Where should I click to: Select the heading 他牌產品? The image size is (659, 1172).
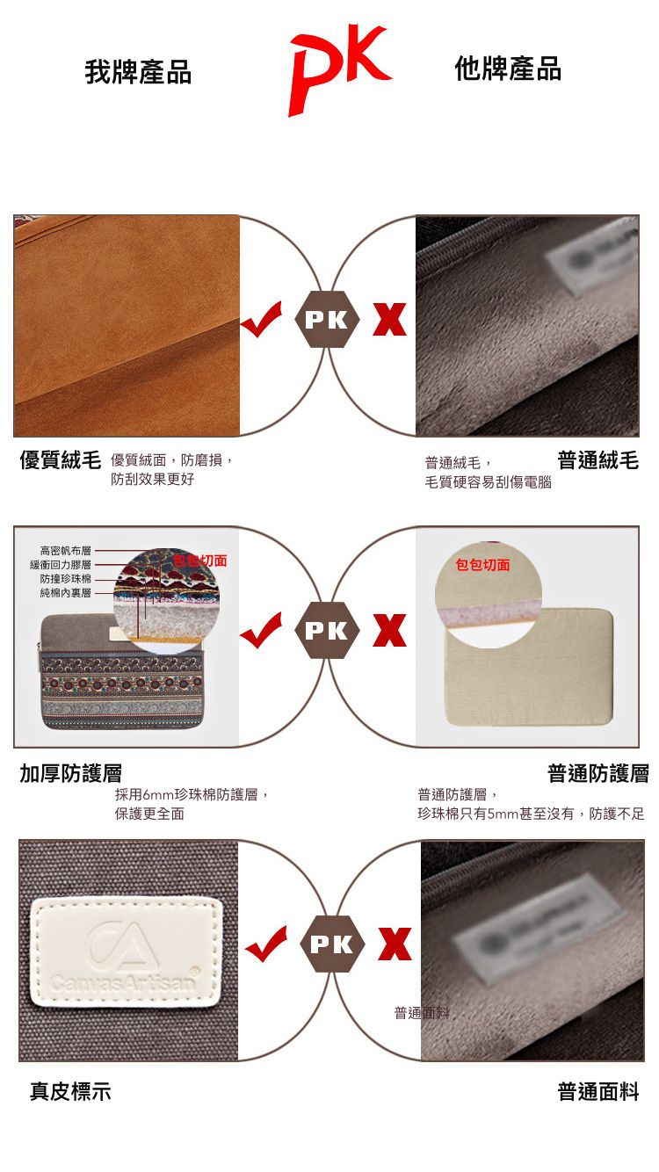508,69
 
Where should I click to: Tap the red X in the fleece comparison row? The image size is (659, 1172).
389,321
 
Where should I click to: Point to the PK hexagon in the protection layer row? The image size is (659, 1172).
328,631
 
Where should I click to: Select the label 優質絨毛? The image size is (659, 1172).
61,459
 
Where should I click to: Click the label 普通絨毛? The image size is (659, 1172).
597,459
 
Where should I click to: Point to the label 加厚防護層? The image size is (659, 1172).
71,773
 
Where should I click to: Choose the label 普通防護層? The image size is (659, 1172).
597,773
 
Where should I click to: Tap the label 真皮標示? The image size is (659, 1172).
70,1092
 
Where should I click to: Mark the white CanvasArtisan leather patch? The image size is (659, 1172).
125,950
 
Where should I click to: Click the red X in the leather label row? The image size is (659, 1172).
395,944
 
